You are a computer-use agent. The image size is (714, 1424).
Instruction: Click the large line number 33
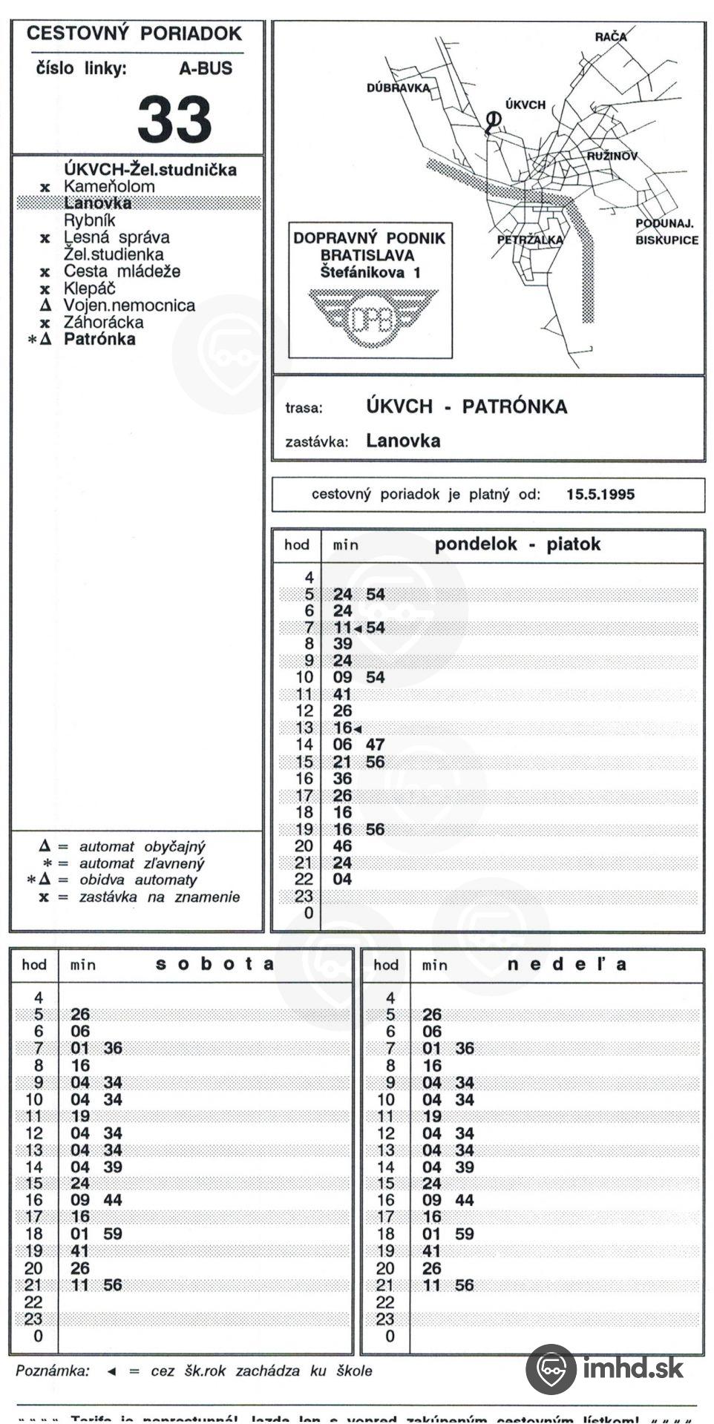174,119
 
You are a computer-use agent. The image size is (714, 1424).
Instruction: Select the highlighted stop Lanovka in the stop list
97,203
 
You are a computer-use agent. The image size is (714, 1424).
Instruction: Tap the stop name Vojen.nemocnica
129,306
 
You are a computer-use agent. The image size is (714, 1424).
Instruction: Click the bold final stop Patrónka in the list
99,340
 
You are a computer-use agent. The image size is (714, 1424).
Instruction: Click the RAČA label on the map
611,36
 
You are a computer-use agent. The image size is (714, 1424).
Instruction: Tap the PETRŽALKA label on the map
530,240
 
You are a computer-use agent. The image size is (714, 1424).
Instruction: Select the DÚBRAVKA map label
398,88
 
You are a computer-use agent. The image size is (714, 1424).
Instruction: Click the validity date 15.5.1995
600,495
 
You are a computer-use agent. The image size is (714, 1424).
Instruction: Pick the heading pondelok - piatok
517,544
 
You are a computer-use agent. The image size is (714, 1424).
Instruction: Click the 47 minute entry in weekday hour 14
375,745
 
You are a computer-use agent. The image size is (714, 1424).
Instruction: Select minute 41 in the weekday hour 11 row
342,694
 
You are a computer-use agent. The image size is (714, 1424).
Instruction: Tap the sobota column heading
214,964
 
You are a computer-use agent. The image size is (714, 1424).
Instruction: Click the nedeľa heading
567,964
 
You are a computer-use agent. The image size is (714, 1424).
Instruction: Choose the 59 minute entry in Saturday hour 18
113,1234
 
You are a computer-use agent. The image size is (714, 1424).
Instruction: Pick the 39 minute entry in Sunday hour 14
465,1167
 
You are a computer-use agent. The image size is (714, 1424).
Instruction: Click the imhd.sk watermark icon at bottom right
551,1369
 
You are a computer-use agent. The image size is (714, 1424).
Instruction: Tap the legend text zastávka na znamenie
160,897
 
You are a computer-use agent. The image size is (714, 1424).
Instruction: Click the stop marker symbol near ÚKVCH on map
492,119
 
